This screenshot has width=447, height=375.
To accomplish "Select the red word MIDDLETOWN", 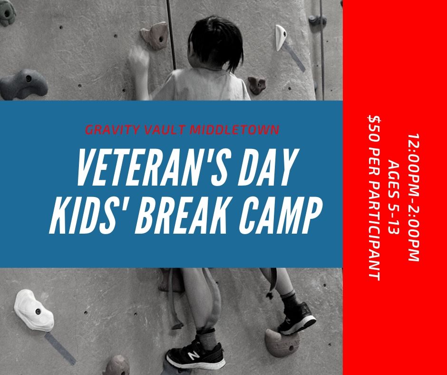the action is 234,130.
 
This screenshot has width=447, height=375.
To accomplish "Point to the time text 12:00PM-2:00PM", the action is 413,197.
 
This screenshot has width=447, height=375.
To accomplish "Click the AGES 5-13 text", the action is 394,197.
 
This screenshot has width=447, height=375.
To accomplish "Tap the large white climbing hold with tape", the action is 34,310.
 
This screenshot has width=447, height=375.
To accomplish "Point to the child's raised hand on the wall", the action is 138,59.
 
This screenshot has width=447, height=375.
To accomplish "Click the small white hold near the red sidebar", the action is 281,37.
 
